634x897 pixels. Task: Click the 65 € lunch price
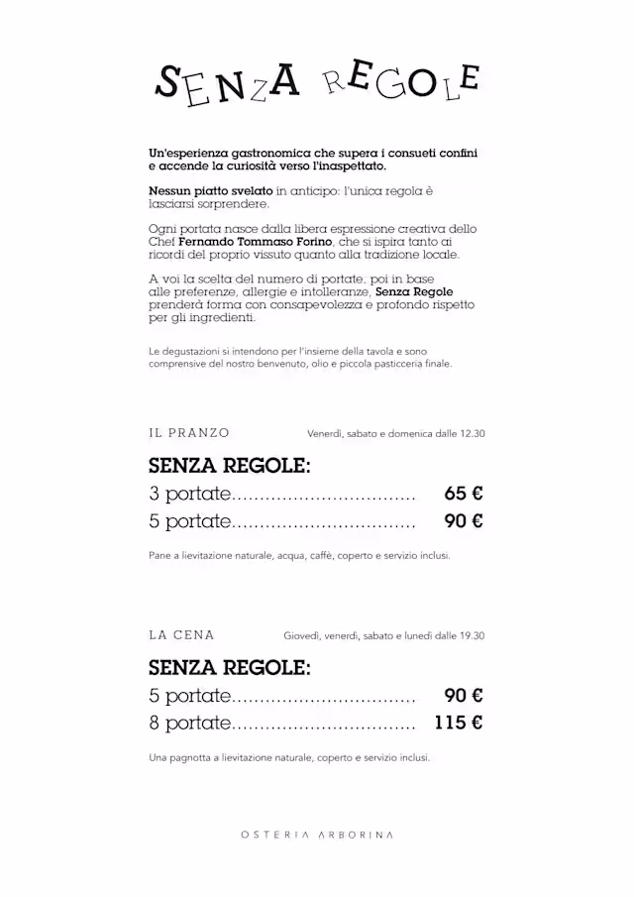coord(464,494)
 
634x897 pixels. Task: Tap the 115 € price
coord(459,723)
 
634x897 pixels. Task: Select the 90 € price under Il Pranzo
coord(464,521)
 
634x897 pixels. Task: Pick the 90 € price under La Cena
coord(464,696)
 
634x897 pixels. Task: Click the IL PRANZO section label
coord(189,433)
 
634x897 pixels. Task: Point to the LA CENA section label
coord(181,635)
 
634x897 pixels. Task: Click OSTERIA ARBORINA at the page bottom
coord(317,835)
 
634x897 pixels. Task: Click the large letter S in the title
coord(169,84)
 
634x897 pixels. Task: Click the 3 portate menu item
coord(189,494)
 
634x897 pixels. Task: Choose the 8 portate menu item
coord(189,723)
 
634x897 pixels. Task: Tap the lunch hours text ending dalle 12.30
coord(395,433)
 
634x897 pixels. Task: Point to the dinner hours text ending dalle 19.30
coord(383,635)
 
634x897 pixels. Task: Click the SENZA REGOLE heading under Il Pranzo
coord(230,465)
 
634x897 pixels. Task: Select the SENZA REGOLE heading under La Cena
coord(230,667)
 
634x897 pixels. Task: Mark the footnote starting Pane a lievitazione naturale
coord(299,556)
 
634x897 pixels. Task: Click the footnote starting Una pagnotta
coord(289,758)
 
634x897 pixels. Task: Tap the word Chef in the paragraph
coord(162,242)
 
